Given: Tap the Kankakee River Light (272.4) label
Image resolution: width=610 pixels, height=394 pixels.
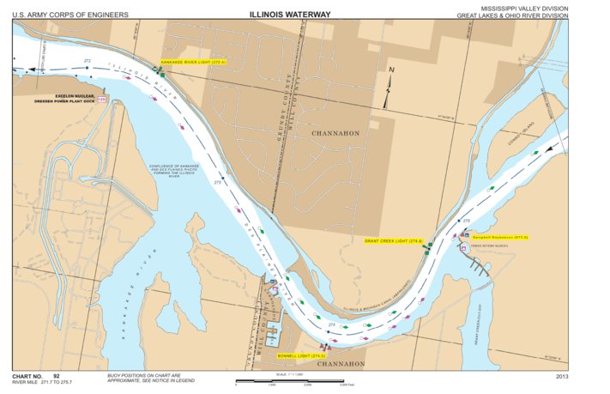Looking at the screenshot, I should [193, 63].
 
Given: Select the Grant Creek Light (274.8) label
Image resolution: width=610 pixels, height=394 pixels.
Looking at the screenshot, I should [394, 241].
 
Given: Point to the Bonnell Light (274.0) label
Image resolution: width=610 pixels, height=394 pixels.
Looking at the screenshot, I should [300, 355].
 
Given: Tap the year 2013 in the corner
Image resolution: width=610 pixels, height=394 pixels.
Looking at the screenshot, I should [562, 376].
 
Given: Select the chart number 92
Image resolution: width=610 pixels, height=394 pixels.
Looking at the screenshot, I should [57, 376].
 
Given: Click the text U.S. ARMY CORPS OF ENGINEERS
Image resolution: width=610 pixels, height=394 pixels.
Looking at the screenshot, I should [70, 15].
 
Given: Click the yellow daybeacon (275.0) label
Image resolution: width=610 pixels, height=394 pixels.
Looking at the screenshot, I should [503, 237].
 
